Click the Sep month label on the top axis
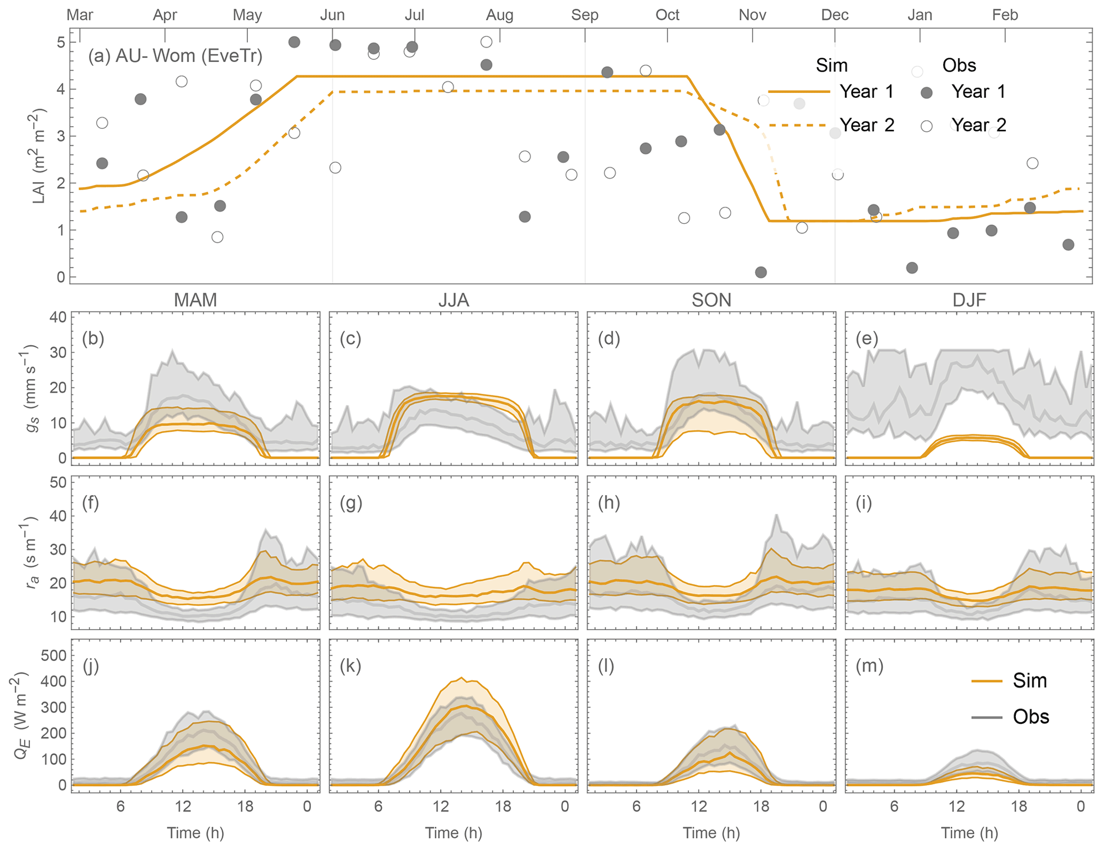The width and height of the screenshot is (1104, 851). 584,15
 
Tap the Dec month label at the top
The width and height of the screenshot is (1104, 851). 834,15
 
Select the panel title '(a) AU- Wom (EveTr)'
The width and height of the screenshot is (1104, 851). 175,56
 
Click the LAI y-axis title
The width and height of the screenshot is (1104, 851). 39,156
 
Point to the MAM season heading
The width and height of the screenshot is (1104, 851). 195,300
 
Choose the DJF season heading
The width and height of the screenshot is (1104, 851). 969,300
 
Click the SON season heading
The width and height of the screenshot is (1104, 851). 711,300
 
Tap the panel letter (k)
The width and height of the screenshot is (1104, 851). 350,666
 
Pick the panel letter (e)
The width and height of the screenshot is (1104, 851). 866,339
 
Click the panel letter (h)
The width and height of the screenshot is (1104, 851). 608,503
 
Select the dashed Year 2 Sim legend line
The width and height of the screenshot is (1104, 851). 798,125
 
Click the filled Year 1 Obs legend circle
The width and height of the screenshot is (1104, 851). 927,92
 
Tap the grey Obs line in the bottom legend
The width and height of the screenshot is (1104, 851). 986,717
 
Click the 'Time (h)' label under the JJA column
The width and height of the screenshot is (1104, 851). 453,833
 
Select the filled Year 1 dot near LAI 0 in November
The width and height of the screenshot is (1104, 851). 761,272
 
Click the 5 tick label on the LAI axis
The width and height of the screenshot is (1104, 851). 61,42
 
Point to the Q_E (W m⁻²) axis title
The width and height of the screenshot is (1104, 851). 21,716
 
